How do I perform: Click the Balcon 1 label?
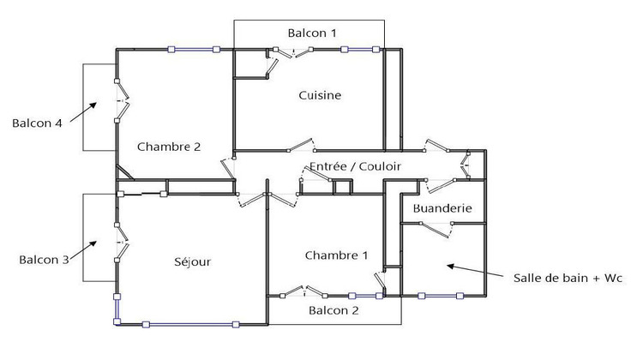click(311, 33)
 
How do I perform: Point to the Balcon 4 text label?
click(37, 123)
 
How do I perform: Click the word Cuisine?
click(320, 95)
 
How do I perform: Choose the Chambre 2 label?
click(168, 147)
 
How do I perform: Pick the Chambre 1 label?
click(336, 255)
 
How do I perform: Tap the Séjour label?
click(192, 261)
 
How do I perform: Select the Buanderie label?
click(442, 208)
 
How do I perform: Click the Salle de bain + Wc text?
click(567, 279)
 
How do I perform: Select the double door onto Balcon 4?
click(120, 100)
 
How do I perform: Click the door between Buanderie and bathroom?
click(436, 225)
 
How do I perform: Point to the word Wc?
click(611, 279)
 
